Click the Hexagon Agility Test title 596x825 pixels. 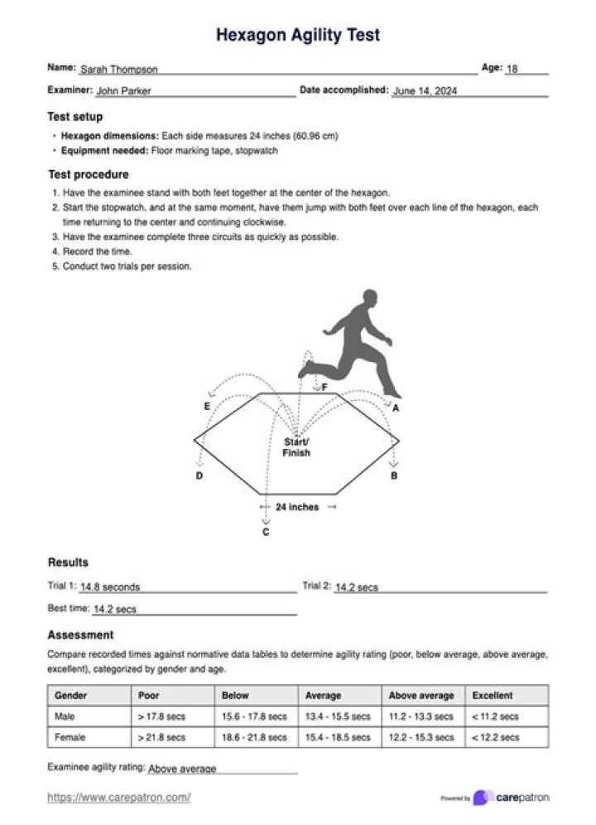point(298,36)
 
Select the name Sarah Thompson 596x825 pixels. point(118,70)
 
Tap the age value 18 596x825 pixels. point(512,70)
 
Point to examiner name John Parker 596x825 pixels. point(123,91)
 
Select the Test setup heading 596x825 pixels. point(75,117)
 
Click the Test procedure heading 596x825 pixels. point(88,175)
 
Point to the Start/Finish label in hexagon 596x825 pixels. point(296,447)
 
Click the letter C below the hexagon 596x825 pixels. point(266,533)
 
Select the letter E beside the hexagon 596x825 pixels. point(207,406)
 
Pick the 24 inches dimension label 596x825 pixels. point(297,507)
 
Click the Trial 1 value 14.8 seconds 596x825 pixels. point(110,587)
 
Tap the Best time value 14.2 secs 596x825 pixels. point(115,610)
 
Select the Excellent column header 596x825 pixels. point(493,696)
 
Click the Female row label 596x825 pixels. point(70,737)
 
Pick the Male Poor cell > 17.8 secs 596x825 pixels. point(162,716)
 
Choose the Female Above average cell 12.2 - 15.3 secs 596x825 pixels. point(421,737)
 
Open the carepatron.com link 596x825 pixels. point(119,798)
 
